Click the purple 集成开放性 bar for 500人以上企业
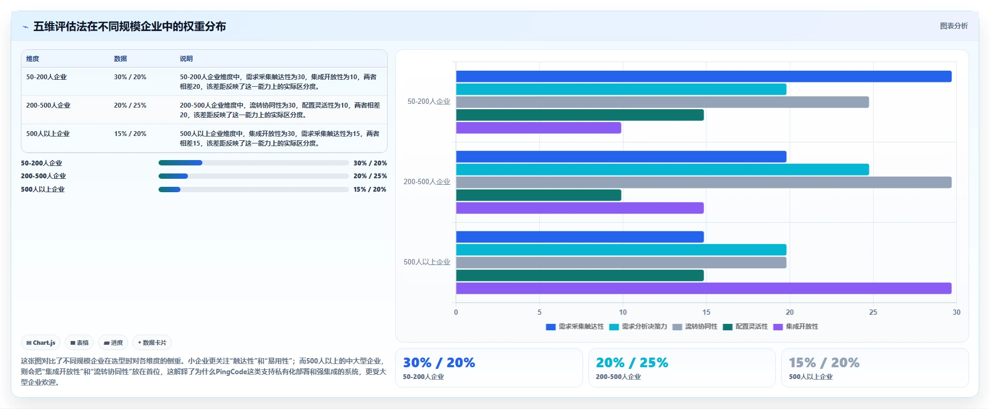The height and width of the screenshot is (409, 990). [704, 289]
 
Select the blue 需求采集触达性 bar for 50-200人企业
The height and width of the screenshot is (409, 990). [704, 77]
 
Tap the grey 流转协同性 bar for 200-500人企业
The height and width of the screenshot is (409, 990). [704, 183]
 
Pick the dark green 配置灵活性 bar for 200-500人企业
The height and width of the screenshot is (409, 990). [539, 195]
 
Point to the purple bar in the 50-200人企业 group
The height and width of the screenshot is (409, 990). [539, 128]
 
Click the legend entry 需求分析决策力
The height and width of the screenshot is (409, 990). [638, 327]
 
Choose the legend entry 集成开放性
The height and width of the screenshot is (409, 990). [796, 327]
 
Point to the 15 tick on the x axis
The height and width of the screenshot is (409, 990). [706, 312]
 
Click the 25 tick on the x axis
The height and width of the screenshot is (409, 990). [873, 312]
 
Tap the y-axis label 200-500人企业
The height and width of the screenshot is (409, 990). [427, 182]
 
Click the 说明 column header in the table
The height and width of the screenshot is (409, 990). [186, 59]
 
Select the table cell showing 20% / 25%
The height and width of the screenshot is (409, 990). [130, 105]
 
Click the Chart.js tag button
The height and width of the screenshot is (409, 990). [41, 343]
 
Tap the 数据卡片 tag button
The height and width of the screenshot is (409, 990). [152, 343]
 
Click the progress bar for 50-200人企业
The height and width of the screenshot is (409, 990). [254, 163]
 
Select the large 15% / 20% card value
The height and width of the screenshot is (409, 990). [824, 363]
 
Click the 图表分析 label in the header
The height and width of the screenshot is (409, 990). [954, 26]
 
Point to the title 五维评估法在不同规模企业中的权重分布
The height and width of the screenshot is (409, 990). [130, 26]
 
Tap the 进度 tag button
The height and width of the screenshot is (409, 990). [113, 343]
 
